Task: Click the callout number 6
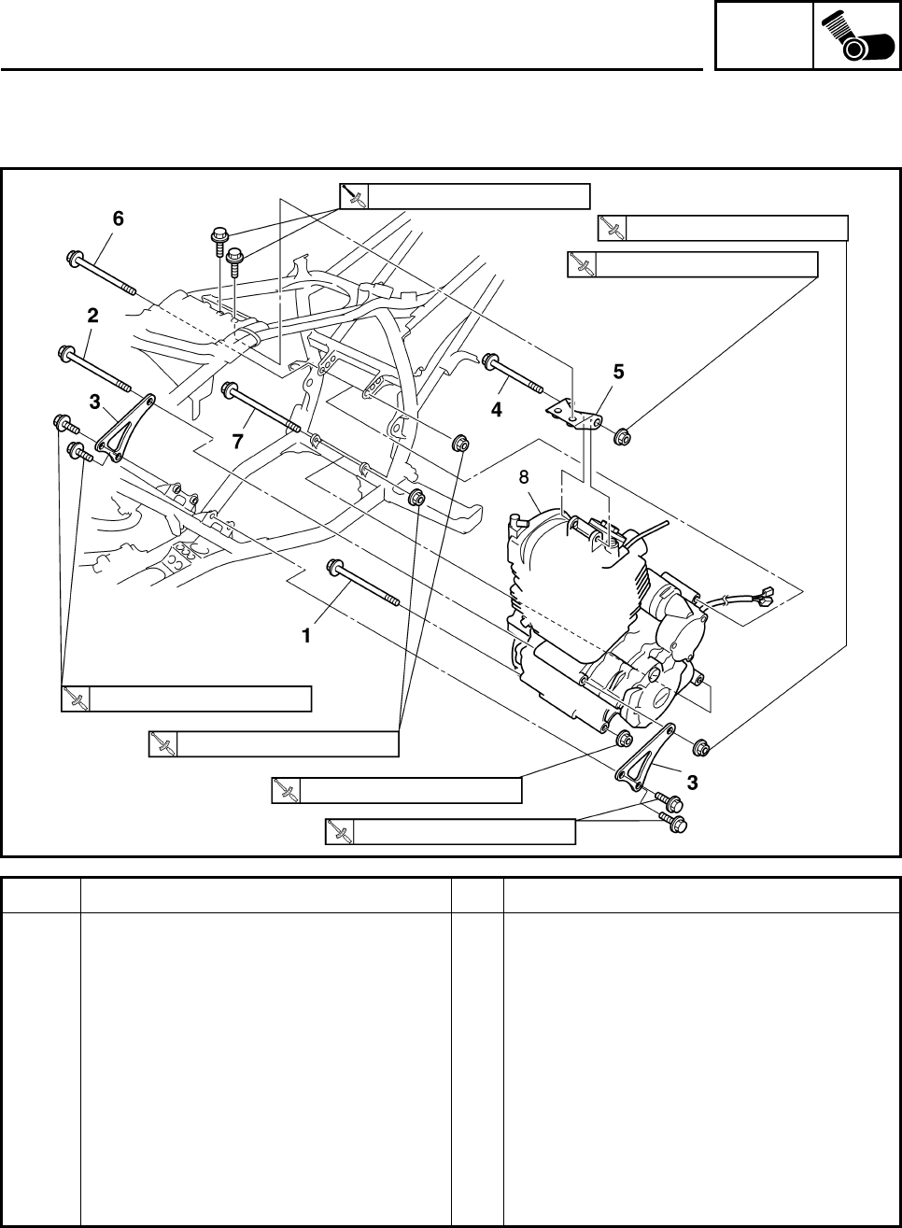click(118, 219)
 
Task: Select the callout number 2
click(92, 317)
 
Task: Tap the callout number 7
click(239, 442)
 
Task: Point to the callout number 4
click(497, 409)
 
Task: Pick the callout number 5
click(618, 372)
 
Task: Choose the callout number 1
click(305, 635)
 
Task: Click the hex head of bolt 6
click(74, 257)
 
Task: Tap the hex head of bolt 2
click(67, 353)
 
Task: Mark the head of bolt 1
click(333, 566)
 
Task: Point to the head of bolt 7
click(229, 388)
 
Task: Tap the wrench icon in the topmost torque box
click(355, 196)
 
